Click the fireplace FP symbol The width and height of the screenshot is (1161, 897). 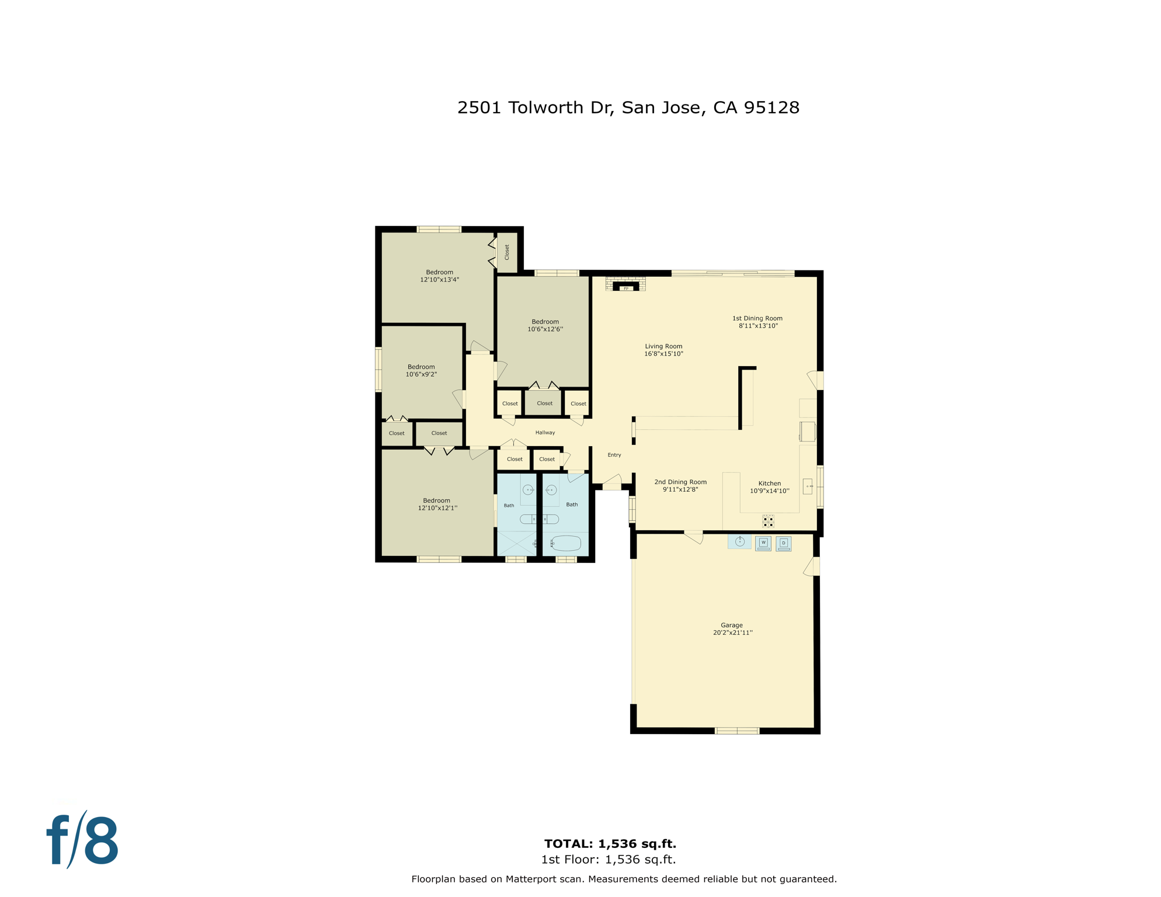point(625,288)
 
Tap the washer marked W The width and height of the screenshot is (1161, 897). point(763,543)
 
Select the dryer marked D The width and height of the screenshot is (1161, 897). point(783,543)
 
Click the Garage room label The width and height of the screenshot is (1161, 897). point(731,625)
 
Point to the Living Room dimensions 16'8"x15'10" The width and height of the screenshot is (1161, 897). point(663,354)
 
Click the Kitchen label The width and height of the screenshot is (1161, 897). point(769,483)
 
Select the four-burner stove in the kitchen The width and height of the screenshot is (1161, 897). point(768,521)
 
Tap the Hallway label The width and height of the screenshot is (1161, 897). point(545,433)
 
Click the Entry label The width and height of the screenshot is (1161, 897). point(614,455)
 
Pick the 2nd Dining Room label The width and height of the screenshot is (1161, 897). point(680,482)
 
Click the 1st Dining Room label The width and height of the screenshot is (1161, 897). point(757,318)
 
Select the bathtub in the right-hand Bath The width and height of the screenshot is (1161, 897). point(565,544)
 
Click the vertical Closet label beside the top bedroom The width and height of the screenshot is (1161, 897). point(507,252)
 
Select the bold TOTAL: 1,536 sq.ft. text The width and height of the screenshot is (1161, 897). point(610,843)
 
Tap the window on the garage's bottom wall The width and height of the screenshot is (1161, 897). point(736,731)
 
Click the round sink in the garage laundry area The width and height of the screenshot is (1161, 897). point(739,541)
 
